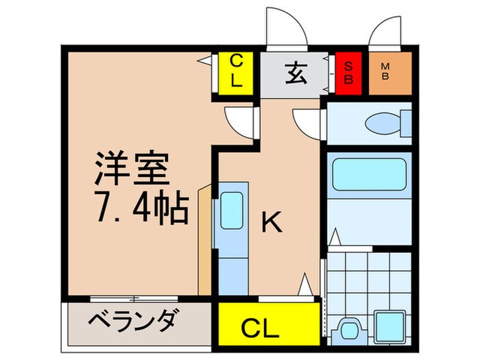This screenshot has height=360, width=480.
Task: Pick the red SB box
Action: click(x=348, y=73)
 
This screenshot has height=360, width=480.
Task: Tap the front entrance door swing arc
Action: click(x=284, y=27)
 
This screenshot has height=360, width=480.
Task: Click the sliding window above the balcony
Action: click(x=134, y=298)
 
